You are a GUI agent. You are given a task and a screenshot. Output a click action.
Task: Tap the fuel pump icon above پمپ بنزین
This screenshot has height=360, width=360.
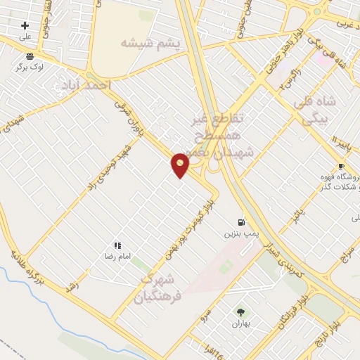click(243, 221)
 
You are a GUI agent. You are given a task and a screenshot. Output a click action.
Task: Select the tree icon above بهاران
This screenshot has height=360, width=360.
click(241, 312)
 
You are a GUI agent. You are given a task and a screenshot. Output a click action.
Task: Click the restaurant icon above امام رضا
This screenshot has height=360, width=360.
click(117, 245)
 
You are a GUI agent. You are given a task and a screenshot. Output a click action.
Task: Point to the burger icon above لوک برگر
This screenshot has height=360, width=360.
click(30, 56)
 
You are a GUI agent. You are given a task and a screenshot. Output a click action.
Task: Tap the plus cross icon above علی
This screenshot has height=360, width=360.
click(25, 25)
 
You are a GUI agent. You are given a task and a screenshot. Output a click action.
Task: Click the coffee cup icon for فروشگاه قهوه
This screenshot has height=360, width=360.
click(341, 167)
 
